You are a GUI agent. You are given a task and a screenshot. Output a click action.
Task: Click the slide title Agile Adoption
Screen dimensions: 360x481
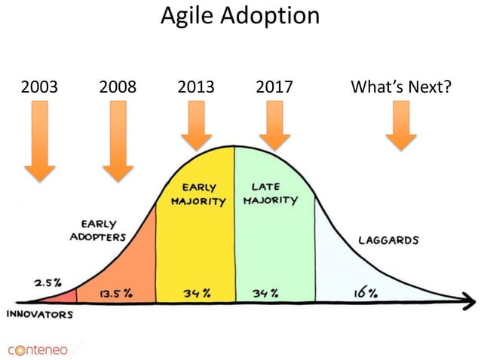pos(240,16)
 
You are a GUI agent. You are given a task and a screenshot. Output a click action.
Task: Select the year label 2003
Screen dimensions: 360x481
pos(39,87)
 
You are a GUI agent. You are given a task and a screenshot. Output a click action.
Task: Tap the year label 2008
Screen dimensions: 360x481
pos(118,87)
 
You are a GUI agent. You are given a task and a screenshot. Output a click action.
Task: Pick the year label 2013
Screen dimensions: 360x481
pos(195,87)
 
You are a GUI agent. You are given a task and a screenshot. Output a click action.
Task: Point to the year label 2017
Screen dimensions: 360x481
pos(274,87)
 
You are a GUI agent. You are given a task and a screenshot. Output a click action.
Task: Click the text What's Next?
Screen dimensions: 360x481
pos(401,87)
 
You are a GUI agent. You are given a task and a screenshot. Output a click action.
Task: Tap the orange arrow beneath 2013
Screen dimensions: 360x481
pos(196,125)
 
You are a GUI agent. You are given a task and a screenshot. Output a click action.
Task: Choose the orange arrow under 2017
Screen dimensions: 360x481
pos(274,125)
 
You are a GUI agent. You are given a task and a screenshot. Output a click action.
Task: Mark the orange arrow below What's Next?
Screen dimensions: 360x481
pos(401,125)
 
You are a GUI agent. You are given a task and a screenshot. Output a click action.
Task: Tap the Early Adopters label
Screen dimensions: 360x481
pos(98,230)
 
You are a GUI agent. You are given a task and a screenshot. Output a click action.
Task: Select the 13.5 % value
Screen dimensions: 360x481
pos(115,293)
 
